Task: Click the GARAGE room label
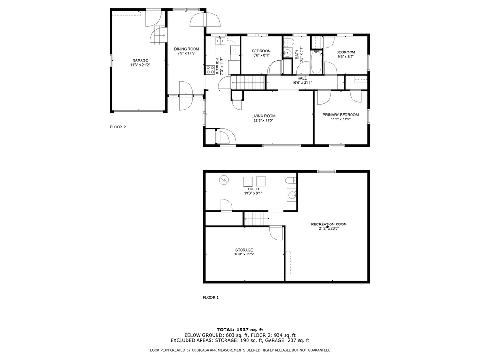point(140,60)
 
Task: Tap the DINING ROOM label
point(187,49)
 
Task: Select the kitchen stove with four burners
point(210,70)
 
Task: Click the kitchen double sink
point(220,41)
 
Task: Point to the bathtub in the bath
point(316,62)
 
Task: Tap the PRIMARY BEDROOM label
point(340,115)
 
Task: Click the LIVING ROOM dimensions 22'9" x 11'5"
point(263,120)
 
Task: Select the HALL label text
point(302,78)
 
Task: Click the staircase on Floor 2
point(248,82)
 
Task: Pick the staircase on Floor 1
point(256,219)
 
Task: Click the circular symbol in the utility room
point(223,180)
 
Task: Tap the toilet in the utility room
point(291,180)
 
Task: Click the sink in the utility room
point(292,195)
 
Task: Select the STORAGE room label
point(244,250)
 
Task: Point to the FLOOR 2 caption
point(118,127)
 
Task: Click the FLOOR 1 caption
point(211,297)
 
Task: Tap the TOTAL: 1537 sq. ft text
point(240,330)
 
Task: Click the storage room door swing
point(276,233)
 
